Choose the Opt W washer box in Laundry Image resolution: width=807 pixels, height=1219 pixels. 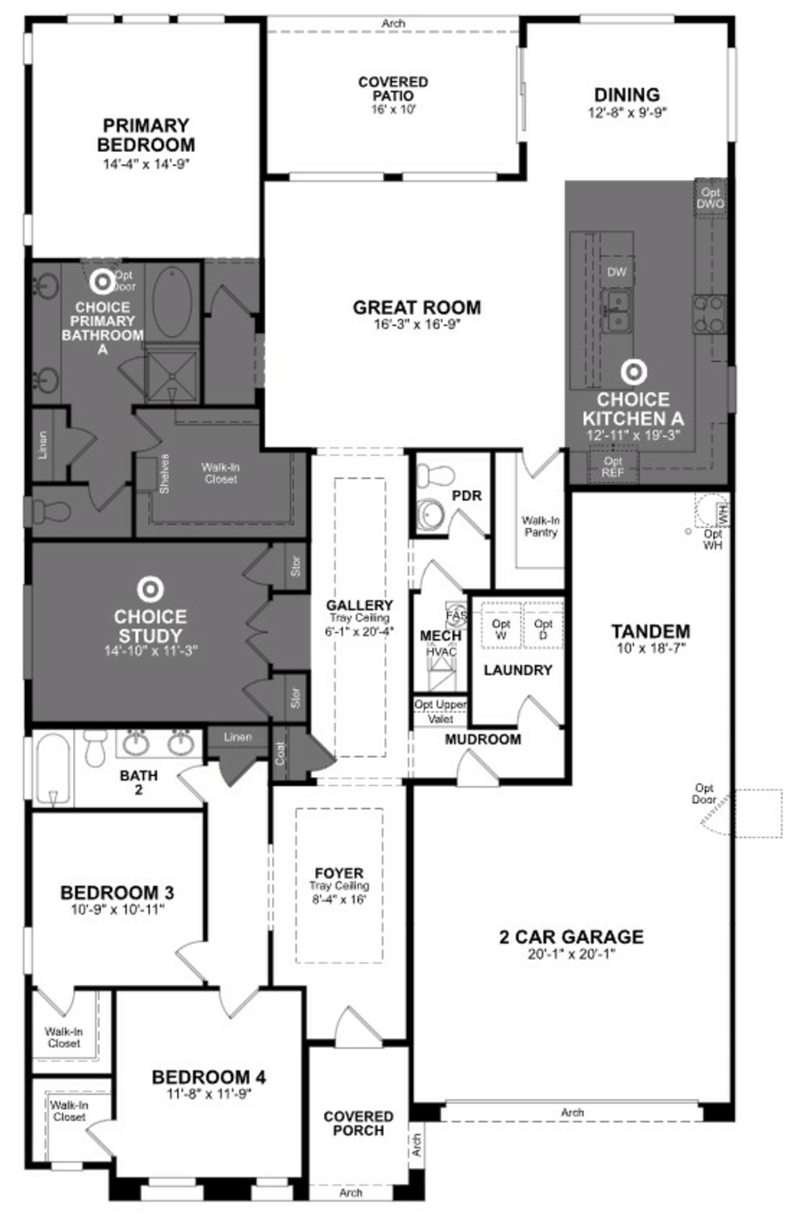[x=501, y=629]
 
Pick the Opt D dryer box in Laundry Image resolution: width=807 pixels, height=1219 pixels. [x=543, y=629]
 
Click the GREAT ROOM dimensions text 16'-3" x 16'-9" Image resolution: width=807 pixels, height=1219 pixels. [x=417, y=324]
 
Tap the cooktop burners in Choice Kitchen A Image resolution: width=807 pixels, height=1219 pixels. [x=709, y=314]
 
